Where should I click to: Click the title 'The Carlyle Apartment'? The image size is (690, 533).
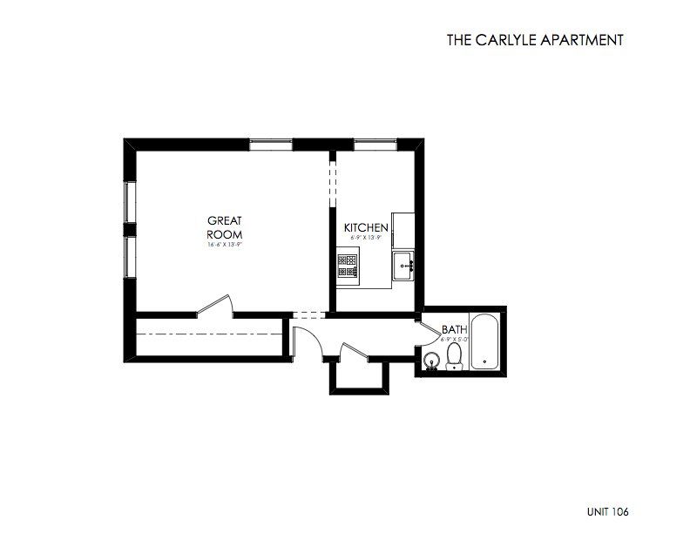click(x=536, y=39)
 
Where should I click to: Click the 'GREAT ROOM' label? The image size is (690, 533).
click(x=224, y=228)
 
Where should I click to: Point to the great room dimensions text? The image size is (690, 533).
click(x=224, y=246)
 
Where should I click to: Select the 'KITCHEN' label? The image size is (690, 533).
click(x=366, y=228)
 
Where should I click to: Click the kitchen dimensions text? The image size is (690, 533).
click(x=366, y=237)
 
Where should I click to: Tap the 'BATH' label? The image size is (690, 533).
click(x=454, y=329)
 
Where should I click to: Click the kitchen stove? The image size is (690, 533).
click(x=348, y=266)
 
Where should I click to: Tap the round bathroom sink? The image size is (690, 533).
click(x=429, y=361)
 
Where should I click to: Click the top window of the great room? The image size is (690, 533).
click(x=270, y=144)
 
